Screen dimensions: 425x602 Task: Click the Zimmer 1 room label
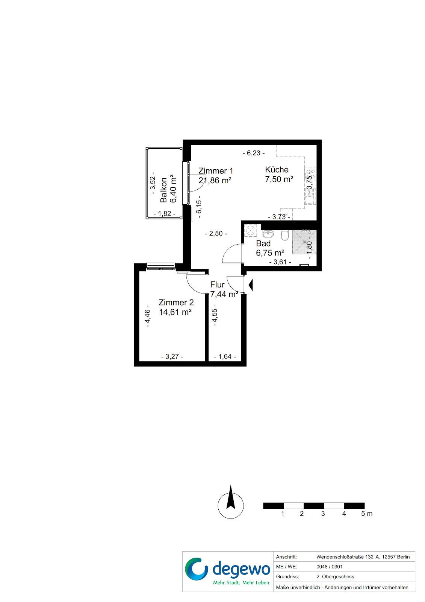pyautogui.click(x=216, y=171)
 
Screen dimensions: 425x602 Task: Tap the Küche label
pyautogui.click(x=277, y=170)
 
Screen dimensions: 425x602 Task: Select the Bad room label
pyautogui.click(x=263, y=243)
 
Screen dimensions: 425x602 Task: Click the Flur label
pyautogui.click(x=217, y=284)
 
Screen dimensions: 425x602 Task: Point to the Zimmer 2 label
pyautogui.click(x=176, y=303)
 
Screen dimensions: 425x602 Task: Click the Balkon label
pyautogui.click(x=163, y=190)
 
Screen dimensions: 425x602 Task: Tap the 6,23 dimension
pyautogui.click(x=253, y=153)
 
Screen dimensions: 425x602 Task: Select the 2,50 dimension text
pyautogui.click(x=216, y=234)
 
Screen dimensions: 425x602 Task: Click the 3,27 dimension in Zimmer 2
pyautogui.click(x=172, y=357)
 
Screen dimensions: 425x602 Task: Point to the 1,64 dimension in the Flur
pyautogui.click(x=225, y=357)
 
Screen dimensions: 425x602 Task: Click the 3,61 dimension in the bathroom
pyautogui.click(x=280, y=262)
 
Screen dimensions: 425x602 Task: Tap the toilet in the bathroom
pyautogui.click(x=284, y=235)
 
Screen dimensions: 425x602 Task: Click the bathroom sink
pyautogui.click(x=268, y=234)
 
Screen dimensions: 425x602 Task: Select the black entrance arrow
pyautogui.click(x=251, y=285)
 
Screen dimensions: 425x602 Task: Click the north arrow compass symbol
pyautogui.click(x=231, y=506)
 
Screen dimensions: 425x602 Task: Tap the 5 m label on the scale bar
pyautogui.click(x=367, y=514)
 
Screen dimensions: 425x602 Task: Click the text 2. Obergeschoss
pyautogui.click(x=335, y=577)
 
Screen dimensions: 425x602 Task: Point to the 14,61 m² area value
pyautogui.click(x=175, y=312)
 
